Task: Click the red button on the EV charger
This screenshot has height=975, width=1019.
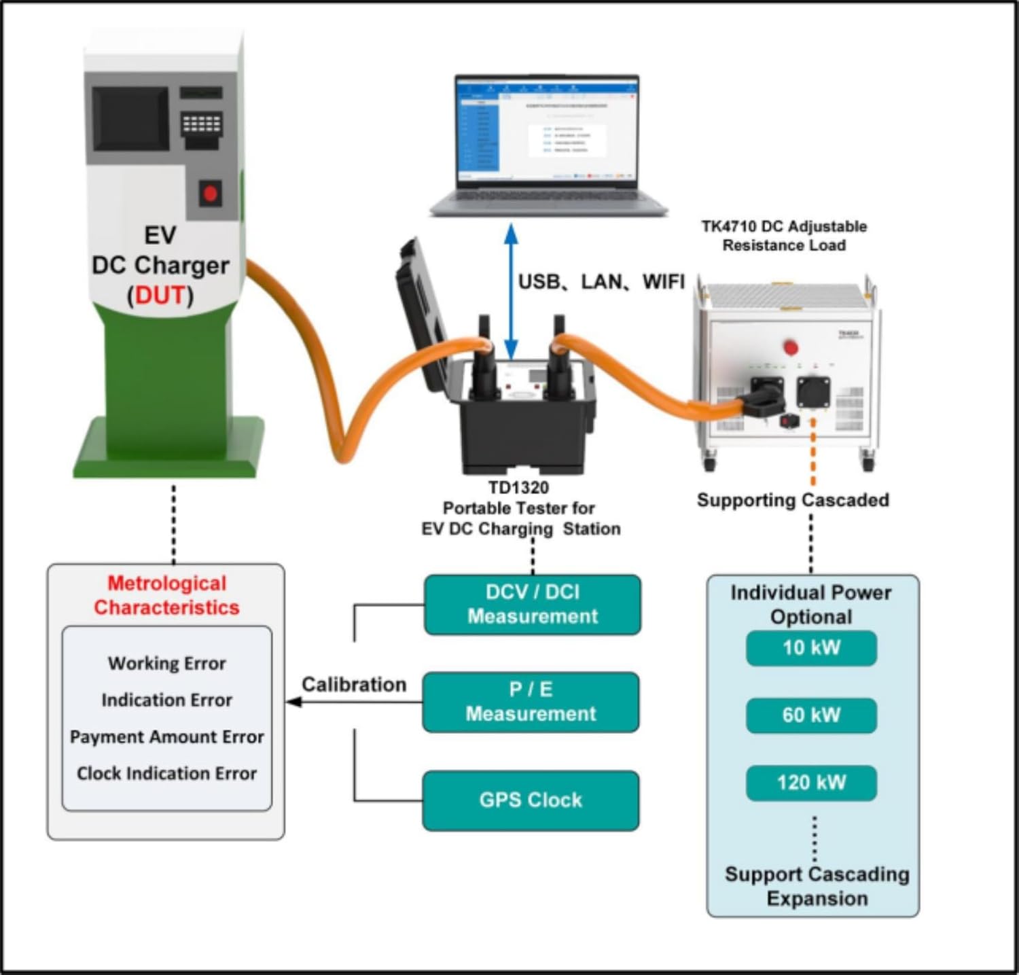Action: pos(211,194)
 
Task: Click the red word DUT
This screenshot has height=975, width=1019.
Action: pos(160,296)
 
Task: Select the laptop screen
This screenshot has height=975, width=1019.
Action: pos(547,130)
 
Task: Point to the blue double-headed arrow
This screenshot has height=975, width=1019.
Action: pos(511,292)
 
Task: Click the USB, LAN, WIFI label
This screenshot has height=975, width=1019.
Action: pos(601,281)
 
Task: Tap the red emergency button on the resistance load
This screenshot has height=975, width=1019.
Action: pos(791,347)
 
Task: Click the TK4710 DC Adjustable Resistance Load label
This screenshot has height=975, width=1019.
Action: pos(784,236)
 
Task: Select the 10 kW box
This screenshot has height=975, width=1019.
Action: pos(811,648)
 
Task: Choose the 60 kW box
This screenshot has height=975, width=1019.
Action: pos(811,715)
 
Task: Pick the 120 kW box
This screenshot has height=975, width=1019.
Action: pos(811,782)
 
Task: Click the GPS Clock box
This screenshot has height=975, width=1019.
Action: pos(531,800)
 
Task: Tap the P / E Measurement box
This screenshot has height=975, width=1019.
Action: pos(531,702)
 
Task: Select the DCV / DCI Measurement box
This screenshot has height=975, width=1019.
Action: pos(533,604)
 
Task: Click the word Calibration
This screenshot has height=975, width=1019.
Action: pos(354,684)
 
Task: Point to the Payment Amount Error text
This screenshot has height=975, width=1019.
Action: pos(167,737)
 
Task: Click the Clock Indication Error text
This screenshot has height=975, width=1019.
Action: pos(167,773)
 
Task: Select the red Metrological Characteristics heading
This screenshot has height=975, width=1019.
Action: pos(167,595)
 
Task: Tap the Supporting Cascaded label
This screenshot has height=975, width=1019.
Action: pos(793,500)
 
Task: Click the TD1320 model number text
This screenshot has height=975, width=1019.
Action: pos(518,487)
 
